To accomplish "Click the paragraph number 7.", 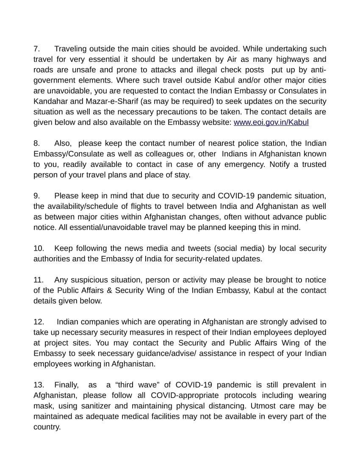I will pos(36,49).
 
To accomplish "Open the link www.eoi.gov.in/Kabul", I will pos(271,122).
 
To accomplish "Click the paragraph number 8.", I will pos(36,144).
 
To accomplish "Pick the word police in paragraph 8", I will pos(240,144).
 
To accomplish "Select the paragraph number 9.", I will pos(36,196).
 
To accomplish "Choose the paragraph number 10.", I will pos(38,248).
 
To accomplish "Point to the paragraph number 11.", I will pos(38,280).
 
